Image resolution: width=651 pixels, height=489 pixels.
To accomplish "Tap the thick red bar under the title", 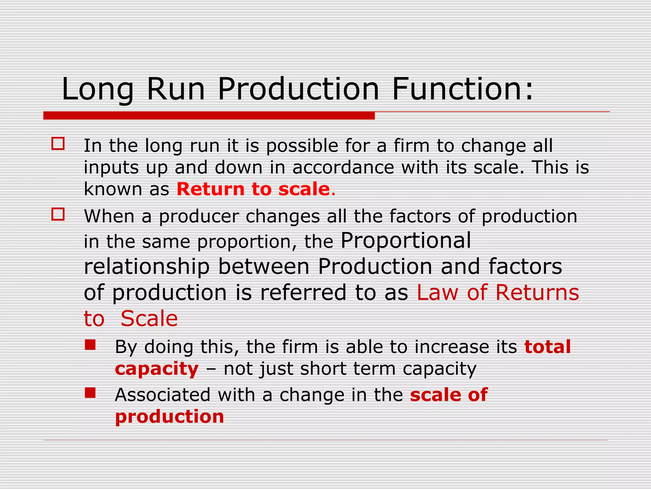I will coord(209,116).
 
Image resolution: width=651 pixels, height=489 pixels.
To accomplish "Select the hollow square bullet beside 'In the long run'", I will coord(58,144).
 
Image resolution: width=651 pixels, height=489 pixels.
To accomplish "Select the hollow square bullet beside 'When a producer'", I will coord(58,214).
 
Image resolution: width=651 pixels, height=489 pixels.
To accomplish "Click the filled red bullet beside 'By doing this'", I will coord(90,345).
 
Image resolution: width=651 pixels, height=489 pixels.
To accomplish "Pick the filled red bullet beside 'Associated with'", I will coord(90,393).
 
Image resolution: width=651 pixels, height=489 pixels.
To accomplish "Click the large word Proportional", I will coord(406,240).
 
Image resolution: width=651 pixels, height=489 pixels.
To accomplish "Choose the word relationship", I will coord(147,266).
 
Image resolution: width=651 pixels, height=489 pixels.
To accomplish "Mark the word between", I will coord(264,266).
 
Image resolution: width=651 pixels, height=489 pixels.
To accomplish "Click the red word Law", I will coord(437,292).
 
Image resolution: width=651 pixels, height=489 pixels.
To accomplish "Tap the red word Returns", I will coord(537,292).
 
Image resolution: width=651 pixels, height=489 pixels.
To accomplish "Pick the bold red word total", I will coord(547,347).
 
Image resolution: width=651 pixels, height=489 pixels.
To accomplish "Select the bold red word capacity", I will coord(157,369).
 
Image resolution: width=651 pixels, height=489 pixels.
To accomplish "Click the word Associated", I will coord(162,395).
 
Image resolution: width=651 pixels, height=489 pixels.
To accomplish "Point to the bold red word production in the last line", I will coord(169,417).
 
